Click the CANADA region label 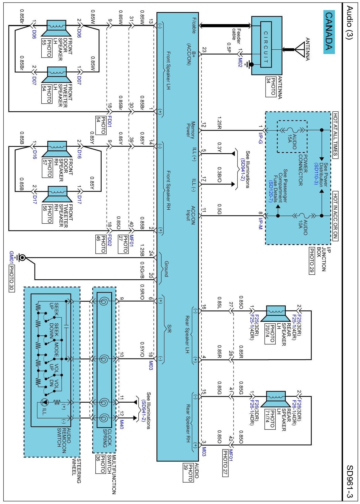point(329,32)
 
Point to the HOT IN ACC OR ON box point(335,216)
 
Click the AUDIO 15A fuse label point(293,142)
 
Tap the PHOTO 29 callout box point(312,261)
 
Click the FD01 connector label point(109,119)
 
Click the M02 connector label point(240,62)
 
